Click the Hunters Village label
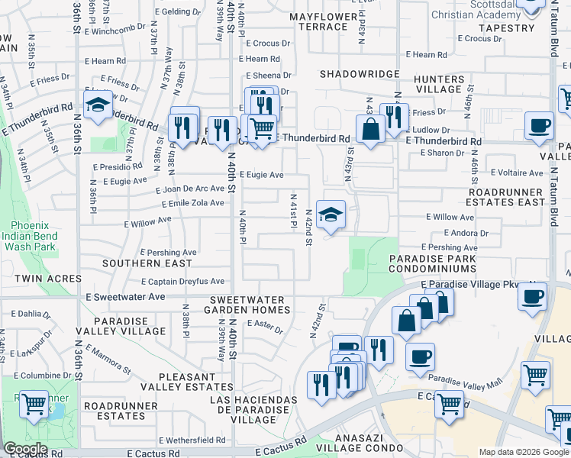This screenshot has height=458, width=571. coord(439,84)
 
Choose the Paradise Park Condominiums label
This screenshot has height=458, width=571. coord(433,264)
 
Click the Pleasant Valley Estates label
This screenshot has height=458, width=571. coord(196,382)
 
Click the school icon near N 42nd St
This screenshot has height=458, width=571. coord(331,216)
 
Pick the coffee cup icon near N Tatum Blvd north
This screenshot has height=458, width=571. coord(539,127)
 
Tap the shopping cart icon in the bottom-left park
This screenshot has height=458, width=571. coord(34,405)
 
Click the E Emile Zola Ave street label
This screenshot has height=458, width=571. coord(193,203)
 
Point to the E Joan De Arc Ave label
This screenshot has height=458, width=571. coord(190,189)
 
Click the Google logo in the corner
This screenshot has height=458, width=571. coord(25,449)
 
